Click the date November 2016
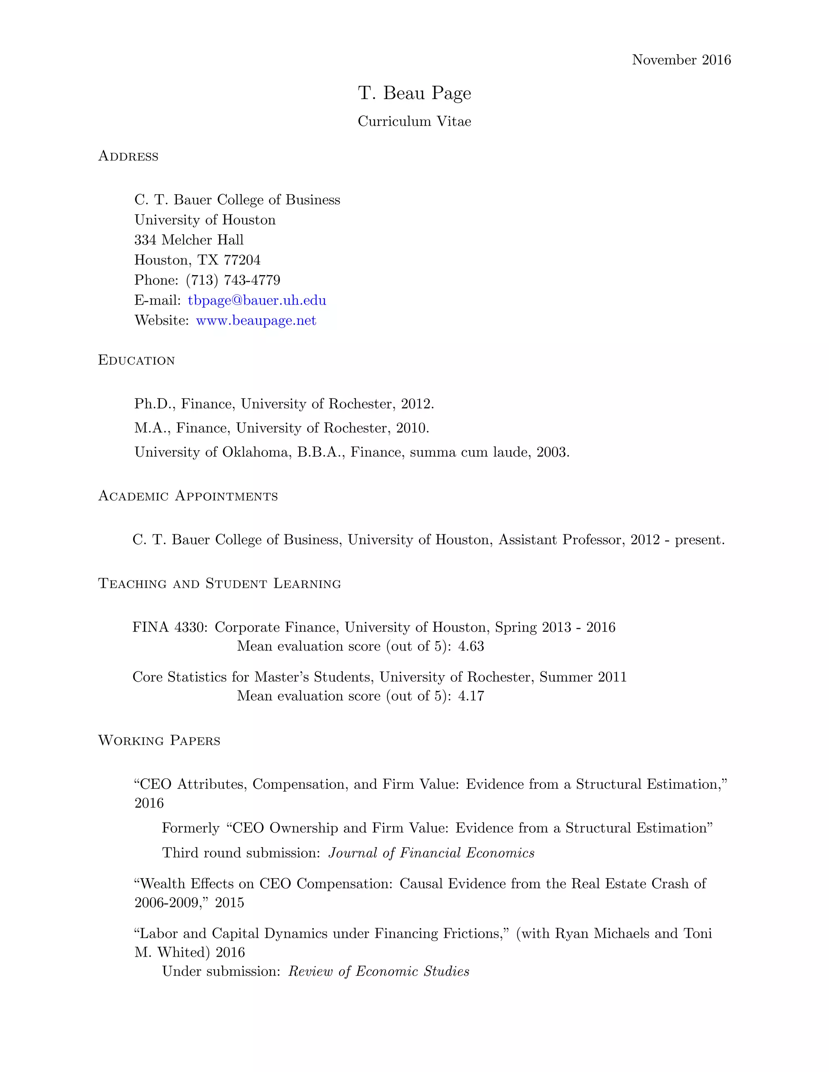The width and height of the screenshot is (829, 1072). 681,60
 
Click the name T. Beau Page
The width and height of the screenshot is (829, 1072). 414,93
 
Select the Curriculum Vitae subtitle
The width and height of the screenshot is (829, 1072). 414,121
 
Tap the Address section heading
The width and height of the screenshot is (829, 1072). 128,156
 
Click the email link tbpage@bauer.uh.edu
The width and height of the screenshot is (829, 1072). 257,301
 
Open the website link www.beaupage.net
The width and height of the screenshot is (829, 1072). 256,320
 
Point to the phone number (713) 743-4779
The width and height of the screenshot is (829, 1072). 233,280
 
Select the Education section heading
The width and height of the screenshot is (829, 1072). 136,360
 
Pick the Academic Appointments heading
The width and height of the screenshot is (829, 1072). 188,496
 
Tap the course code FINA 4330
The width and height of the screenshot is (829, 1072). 170,627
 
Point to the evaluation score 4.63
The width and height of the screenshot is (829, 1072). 471,646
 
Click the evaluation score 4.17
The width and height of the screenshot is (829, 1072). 471,696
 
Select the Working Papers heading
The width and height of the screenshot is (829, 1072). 159,741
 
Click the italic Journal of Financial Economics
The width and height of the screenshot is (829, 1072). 431,853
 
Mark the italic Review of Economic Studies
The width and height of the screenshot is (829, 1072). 378,971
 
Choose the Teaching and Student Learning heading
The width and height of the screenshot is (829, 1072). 219,584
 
